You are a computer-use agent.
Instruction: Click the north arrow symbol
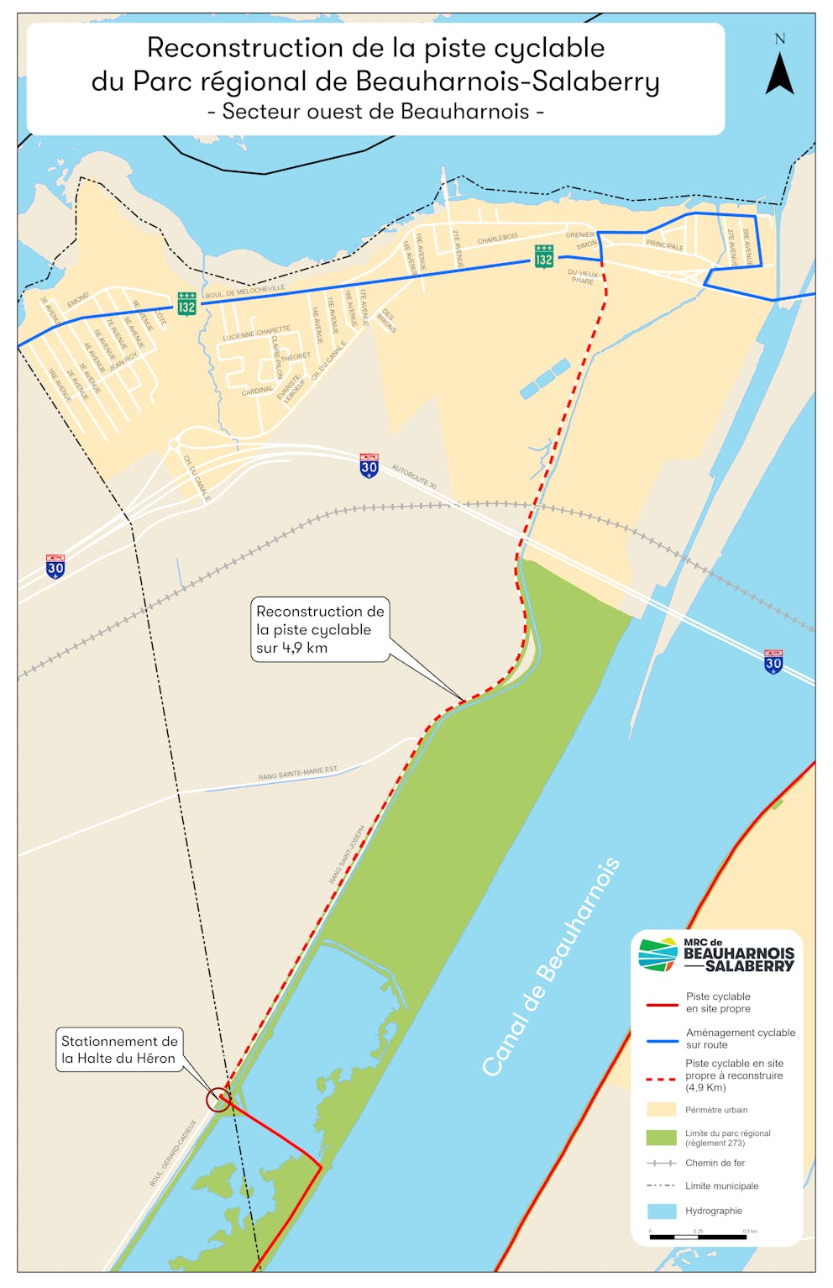pyautogui.click(x=779, y=74)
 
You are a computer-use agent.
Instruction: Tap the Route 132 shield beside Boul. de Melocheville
pyautogui.click(x=186, y=303)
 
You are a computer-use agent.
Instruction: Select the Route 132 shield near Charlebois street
pyautogui.click(x=544, y=256)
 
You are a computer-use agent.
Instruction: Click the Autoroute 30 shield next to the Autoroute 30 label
pyautogui.click(x=369, y=465)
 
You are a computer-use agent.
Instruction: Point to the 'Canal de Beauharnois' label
pyautogui.click(x=551, y=967)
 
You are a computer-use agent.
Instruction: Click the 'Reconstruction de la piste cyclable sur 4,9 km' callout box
pyautogui.click(x=320, y=630)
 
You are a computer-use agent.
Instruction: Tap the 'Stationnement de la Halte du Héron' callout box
pyautogui.click(x=118, y=1049)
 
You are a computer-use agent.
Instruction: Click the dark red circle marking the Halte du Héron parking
pyautogui.click(x=218, y=1099)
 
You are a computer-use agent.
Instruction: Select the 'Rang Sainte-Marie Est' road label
pyautogui.click(x=298, y=773)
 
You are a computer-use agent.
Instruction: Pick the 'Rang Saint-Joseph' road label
pyautogui.click(x=347, y=854)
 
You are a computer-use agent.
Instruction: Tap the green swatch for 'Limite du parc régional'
pyautogui.click(x=661, y=1138)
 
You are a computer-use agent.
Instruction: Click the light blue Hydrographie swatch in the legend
pyautogui.click(x=661, y=1211)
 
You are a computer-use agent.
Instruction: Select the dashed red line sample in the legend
pyautogui.click(x=661, y=1078)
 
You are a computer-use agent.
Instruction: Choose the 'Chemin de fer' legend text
pyautogui.click(x=715, y=1163)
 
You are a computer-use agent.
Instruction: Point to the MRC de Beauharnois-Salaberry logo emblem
pyautogui.click(x=657, y=954)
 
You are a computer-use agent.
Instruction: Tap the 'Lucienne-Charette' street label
pyautogui.click(x=256, y=334)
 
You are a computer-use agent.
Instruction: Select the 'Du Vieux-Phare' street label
pyautogui.click(x=584, y=276)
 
